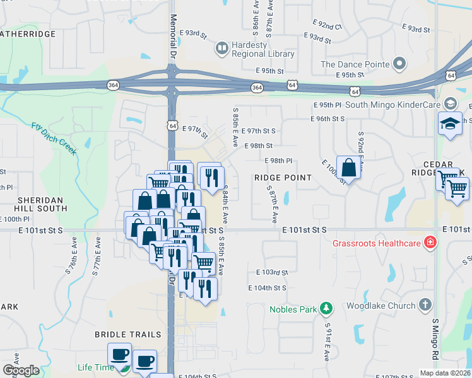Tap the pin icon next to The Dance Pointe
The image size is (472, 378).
point(398,64)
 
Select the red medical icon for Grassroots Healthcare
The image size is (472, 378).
point(430,242)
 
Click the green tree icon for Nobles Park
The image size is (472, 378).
point(326,309)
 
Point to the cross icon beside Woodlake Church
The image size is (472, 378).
point(425,306)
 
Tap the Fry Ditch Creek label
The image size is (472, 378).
point(54,138)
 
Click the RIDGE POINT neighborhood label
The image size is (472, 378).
point(283,178)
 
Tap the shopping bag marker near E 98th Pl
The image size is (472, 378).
point(348,168)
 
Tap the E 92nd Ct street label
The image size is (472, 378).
point(327,26)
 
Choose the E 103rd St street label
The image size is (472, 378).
point(272,272)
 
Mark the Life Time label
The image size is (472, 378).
point(96,367)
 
